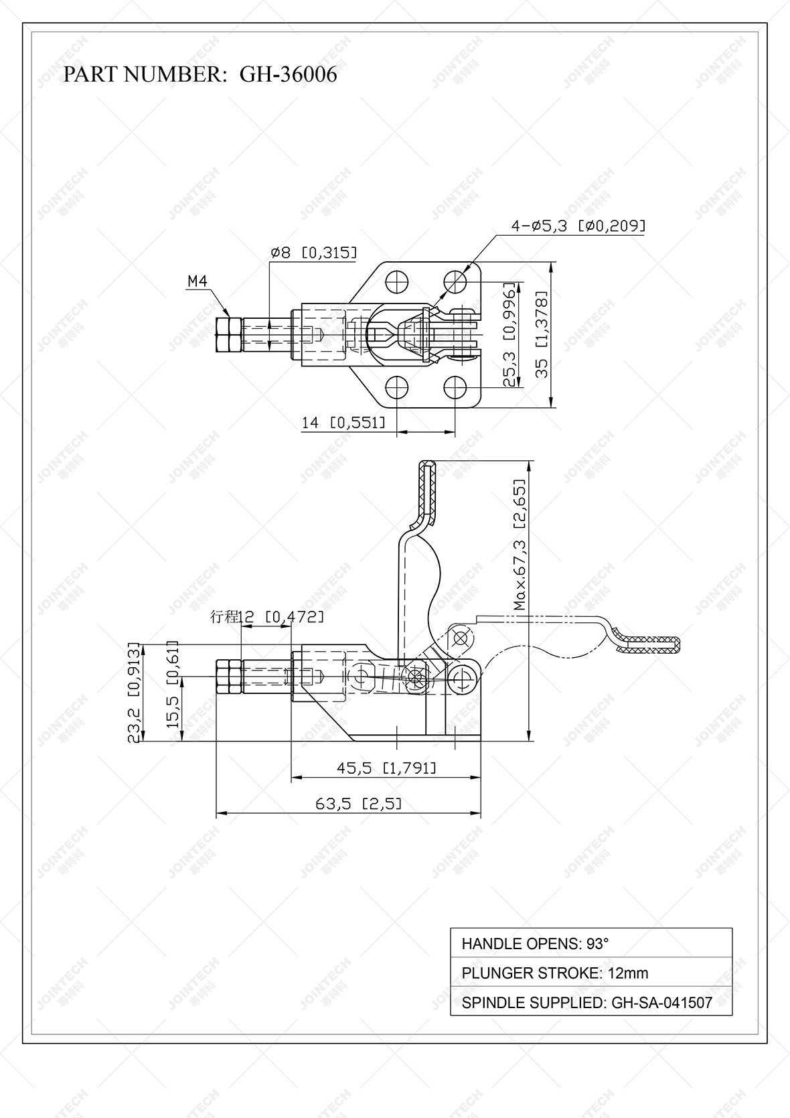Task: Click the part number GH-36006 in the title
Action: click(x=288, y=74)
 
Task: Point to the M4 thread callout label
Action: click(x=197, y=282)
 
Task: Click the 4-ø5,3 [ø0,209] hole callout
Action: click(x=578, y=226)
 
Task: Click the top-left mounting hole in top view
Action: click(x=397, y=279)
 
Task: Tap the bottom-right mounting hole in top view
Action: click(x=456, y=387)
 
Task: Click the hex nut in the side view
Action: click(x=228, y=677)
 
